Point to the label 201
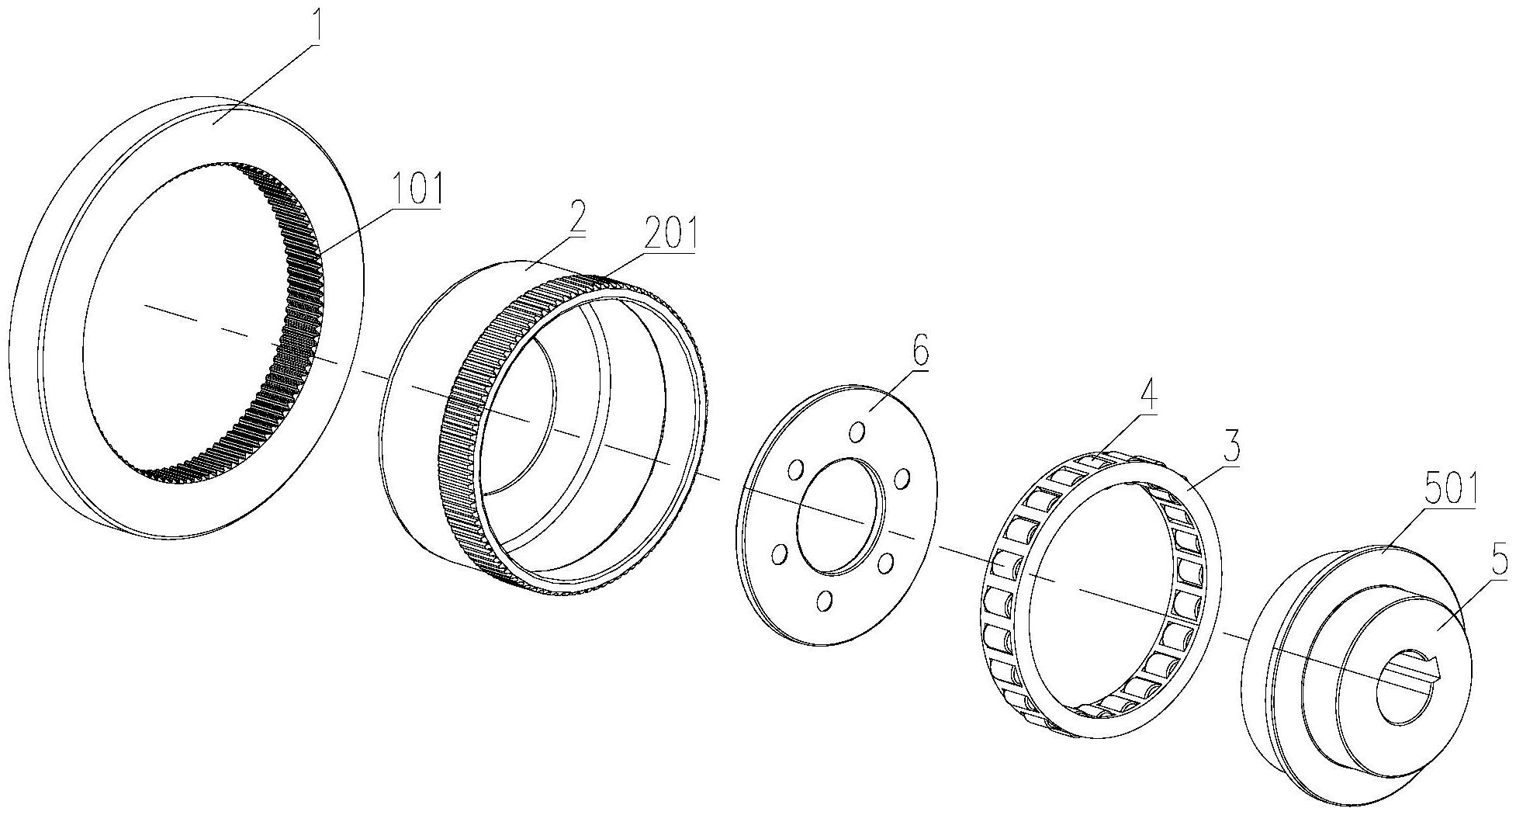click(669, 232)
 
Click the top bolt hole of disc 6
click(857, 432)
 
